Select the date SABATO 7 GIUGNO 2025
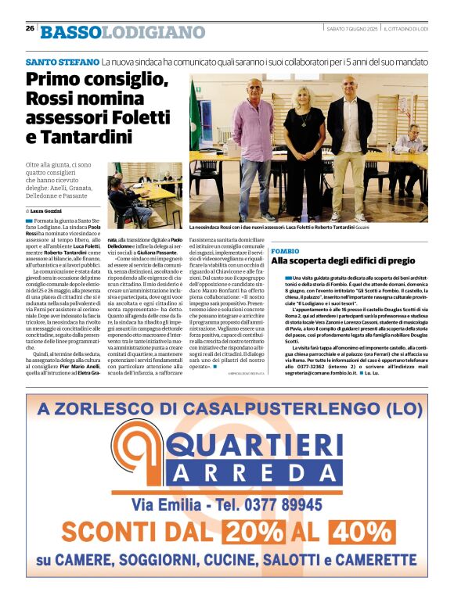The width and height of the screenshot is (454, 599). (354, 28)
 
